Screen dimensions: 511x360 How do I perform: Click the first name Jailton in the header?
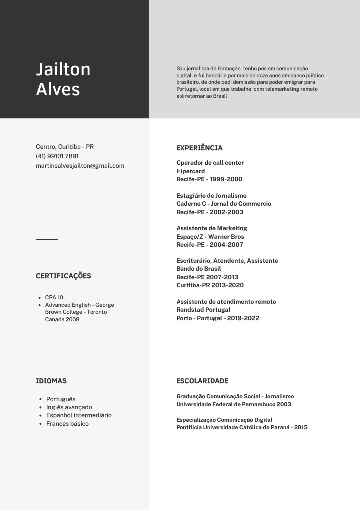pos(63,69)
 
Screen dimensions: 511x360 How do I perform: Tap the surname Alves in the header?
pos(58,89)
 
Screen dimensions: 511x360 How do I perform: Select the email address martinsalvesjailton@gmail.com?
pos(80,166)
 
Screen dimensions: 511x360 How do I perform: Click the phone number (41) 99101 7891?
pos(57,156)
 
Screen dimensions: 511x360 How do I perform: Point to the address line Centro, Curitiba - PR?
pos(65,147)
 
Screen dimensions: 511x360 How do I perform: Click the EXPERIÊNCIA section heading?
pos(199,148)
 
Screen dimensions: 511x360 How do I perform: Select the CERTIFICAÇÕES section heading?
pos(63,276)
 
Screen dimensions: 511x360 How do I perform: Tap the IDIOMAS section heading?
pos(51,381)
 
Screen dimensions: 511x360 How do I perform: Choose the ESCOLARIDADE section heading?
pos(202,381)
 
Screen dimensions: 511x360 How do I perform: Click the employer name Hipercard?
pos(190,171)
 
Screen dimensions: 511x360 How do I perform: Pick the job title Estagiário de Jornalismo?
pos(211,196)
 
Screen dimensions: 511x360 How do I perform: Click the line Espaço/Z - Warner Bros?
pos(210,237)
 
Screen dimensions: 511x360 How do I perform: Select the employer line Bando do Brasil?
pos(198,269)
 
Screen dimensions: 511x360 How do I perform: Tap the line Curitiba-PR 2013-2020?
pos(210,285)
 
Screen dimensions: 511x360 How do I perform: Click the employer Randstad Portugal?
pos(203,310)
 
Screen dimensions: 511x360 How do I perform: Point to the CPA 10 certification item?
pos(54,297)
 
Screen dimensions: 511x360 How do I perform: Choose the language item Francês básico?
pos(67,424)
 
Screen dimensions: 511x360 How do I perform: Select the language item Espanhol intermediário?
pos(79,415)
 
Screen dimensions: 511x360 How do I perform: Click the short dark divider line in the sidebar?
pos(47,239)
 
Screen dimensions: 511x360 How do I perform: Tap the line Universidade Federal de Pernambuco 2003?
pos(233,404)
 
